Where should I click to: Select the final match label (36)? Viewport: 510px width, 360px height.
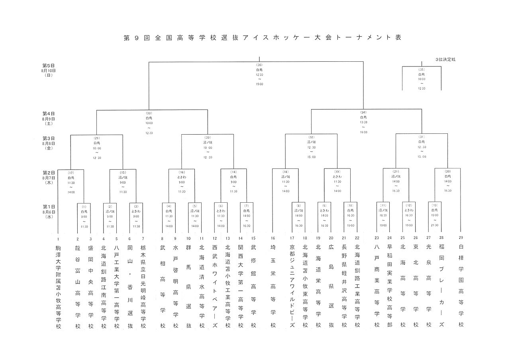[x=260, y=65]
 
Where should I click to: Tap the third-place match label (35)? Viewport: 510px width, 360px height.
[x=422, y=70]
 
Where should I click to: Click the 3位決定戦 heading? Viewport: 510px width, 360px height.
[x=445, y=59]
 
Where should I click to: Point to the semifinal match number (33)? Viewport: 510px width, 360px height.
[x=149, y=113]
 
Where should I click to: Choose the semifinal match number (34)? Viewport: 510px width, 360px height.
[x=363, y=113]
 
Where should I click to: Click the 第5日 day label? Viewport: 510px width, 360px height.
[x=48, y=65]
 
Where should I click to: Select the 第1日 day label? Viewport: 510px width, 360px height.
[x=48, y=207]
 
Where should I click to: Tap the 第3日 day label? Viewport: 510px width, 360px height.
[x=48, y=138]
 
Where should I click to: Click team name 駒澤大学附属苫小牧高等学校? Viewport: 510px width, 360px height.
[x=58, y=286]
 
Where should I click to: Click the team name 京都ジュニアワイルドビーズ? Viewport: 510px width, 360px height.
[x=292, y=286]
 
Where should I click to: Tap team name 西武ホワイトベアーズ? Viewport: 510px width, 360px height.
[x=215, y=286]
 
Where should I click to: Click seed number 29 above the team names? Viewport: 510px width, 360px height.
[x=461, y=238]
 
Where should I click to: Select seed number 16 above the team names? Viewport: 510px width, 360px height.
[x=273, y=238]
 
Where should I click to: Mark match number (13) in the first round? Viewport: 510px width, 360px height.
[x=434, y=207]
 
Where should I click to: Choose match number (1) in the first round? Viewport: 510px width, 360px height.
[x=84, y=207]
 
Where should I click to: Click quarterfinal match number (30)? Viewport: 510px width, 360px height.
[x=208, y=137]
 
